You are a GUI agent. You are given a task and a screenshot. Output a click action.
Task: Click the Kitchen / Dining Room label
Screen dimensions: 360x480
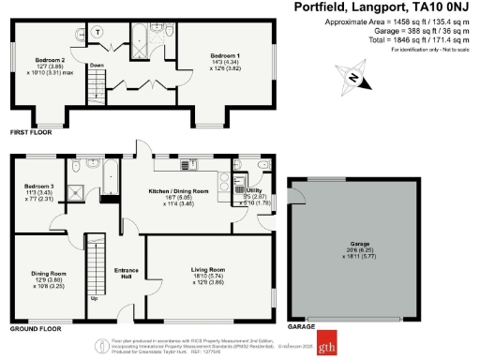coord(172,190)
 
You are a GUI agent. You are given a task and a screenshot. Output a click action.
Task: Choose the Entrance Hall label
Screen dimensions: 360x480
coord(127,273)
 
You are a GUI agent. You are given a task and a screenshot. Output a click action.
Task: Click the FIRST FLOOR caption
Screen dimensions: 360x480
coord(30,134)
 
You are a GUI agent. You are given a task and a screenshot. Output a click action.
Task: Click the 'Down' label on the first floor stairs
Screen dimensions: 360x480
coord(96,66)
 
